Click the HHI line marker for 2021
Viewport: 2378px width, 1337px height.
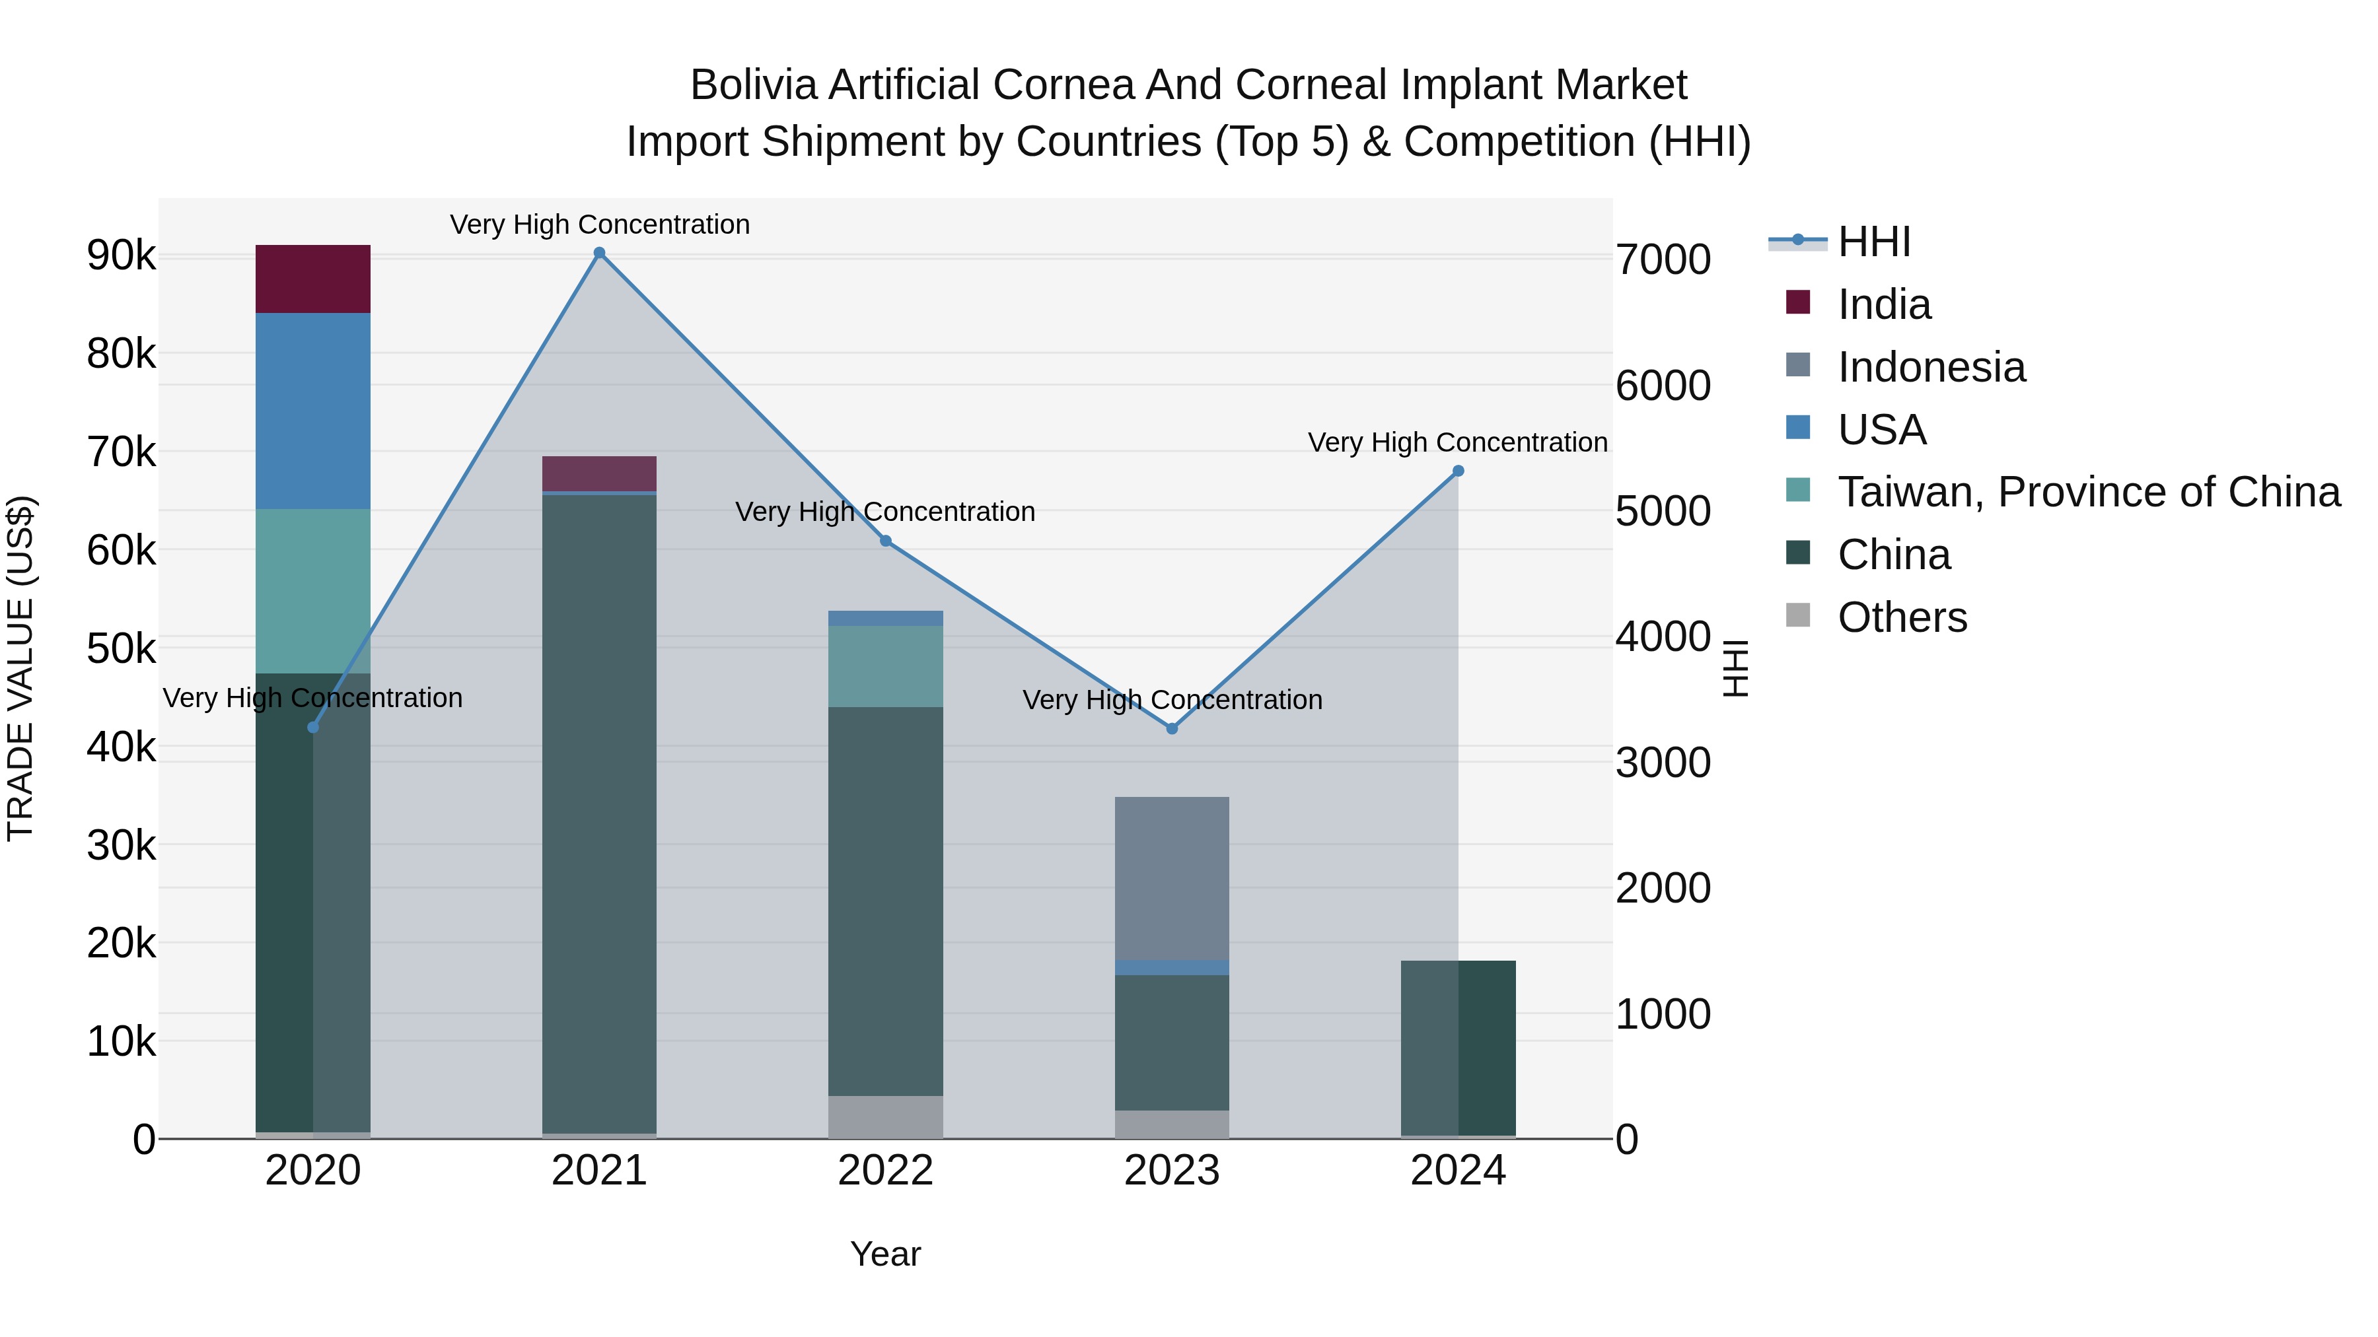point(599,253)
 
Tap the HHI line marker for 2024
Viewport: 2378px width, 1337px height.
point(1459,471)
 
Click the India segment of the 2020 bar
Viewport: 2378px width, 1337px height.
point(313,279)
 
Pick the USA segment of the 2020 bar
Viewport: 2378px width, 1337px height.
point(313,411)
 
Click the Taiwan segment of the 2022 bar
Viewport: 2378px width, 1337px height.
point(885,666)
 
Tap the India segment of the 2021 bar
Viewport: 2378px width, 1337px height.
point(599,473)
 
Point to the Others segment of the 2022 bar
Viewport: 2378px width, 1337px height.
point(885,1116)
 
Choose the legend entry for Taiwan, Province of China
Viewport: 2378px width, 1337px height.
point(2088,492)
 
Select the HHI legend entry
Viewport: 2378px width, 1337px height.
point(1873,242)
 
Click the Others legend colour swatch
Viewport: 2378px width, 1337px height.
point(1798,615)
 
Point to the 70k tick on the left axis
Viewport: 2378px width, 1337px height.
point(122,452)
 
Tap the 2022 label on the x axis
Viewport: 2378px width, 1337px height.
point(885,1171)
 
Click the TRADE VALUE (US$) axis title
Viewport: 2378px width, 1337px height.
point(20,668)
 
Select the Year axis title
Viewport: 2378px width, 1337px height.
point(885,1254)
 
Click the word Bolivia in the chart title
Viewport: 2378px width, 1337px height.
point(754,85)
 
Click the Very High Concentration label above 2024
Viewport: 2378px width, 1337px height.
point(1458,443)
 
